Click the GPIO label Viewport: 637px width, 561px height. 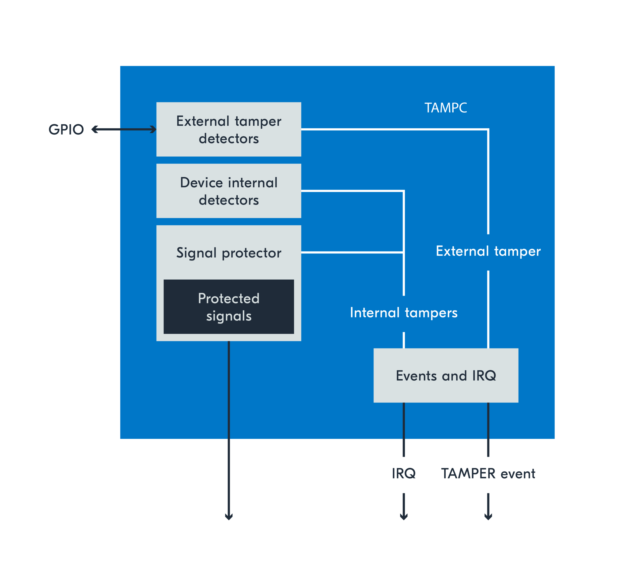(66, 129)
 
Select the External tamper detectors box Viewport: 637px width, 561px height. (228, 129)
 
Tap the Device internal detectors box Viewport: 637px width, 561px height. (228, 191)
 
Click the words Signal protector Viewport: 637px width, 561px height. (228, 253)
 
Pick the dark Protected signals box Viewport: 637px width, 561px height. (228, 307)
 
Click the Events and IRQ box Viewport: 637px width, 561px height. (446, 376)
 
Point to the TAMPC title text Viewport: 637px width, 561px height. (446, 108)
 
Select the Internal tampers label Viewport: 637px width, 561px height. (404, 313)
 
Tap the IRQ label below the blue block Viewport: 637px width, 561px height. (404, 473)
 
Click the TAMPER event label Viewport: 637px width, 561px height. (488, 473)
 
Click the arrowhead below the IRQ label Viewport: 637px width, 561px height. (404, 517)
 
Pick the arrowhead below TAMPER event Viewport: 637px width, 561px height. (488, 517)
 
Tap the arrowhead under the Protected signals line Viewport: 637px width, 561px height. (229, 517)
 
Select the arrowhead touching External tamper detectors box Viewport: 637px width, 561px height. (153, 129)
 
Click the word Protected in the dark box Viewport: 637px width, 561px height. (228, 298)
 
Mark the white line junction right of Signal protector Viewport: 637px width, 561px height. (404, 252)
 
